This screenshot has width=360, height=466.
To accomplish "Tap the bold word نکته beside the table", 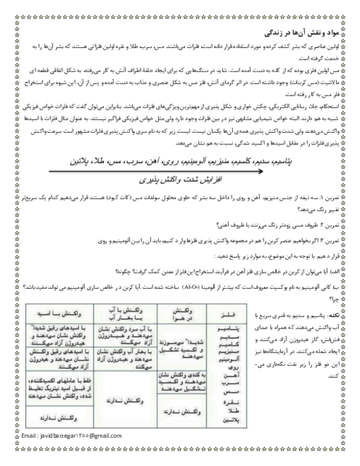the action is (332, 316).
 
